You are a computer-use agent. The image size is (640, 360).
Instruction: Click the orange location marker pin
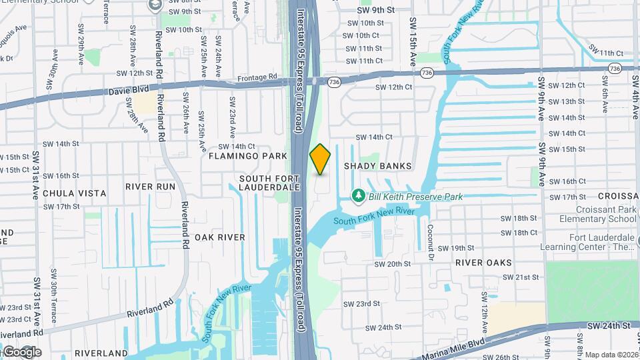click(x=320, y=159)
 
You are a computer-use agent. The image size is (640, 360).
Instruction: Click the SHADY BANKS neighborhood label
click(x=377, y=166)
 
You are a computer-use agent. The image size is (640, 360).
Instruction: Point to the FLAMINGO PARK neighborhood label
click(x=247, y=156)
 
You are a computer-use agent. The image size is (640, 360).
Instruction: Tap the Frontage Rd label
click(x=257, y=78)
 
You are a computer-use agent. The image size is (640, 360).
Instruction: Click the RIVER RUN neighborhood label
click(x=150, y=187)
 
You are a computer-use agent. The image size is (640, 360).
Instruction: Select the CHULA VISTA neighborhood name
click(x=74, y=193)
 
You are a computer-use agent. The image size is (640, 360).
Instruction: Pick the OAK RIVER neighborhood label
click(x=220, y=237)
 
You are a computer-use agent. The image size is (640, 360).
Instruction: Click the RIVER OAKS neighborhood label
click(x=483, y=263)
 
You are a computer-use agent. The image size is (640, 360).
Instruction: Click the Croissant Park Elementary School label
click(x=598, y=213)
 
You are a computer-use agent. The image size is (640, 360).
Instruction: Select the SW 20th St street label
click(x=393, y=264)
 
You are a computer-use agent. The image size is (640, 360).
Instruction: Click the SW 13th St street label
click(x=564, y=102)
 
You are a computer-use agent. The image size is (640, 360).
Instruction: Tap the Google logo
click(x=21, y=351)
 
